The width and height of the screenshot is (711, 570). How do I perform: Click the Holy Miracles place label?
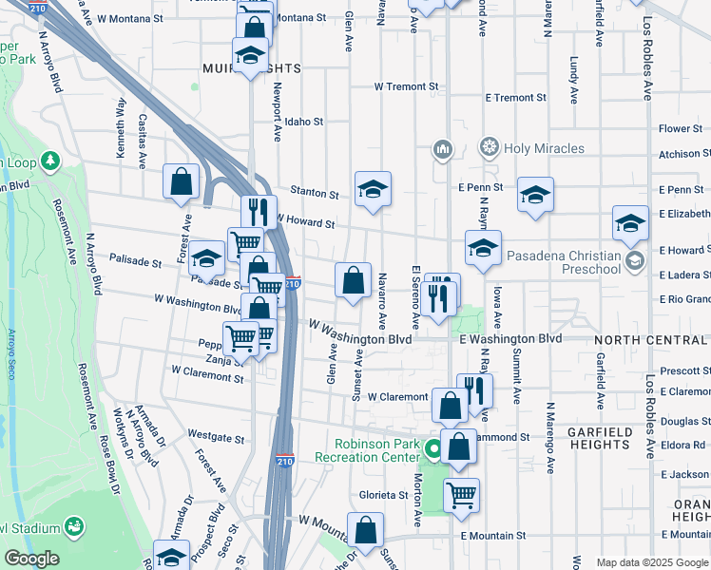545,148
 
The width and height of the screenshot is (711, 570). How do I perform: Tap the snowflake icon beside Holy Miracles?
490,147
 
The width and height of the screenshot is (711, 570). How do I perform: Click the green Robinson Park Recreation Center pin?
433,447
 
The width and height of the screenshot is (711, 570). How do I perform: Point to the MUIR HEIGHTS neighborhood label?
251,68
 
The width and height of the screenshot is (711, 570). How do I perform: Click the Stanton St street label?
315,194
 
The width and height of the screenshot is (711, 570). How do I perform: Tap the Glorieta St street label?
383,495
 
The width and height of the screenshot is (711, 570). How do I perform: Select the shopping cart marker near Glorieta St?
461,494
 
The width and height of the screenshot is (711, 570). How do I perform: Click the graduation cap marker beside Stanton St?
374,188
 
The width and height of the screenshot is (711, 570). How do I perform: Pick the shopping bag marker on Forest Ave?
181,181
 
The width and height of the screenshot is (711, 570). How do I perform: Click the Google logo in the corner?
30,560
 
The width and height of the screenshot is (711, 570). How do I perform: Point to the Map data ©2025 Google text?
652,562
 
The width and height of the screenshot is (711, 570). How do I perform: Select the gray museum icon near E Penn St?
443,148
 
